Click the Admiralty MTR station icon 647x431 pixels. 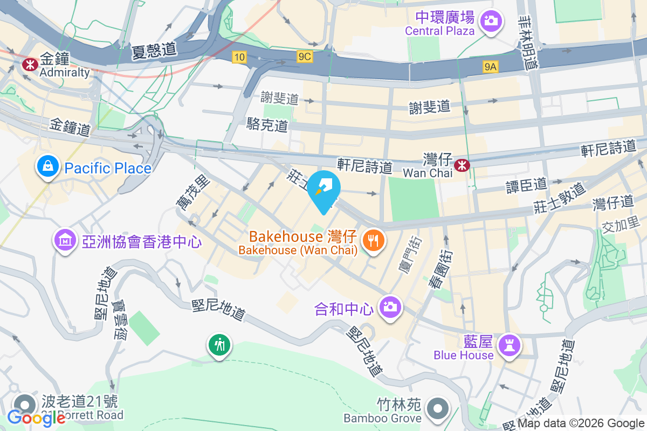pos(29,64)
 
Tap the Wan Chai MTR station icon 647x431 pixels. pos(462,165)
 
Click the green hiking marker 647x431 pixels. pos(220,344)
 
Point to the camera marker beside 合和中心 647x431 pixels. pos(390,307)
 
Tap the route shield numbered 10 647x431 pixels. pos(240,57)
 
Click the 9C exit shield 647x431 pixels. pos(304,56)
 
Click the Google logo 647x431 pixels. pos(36,418)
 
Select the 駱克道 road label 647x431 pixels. pos(267,126)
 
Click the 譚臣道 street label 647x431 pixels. pos(526,185)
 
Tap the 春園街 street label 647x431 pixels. pos(437,268)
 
